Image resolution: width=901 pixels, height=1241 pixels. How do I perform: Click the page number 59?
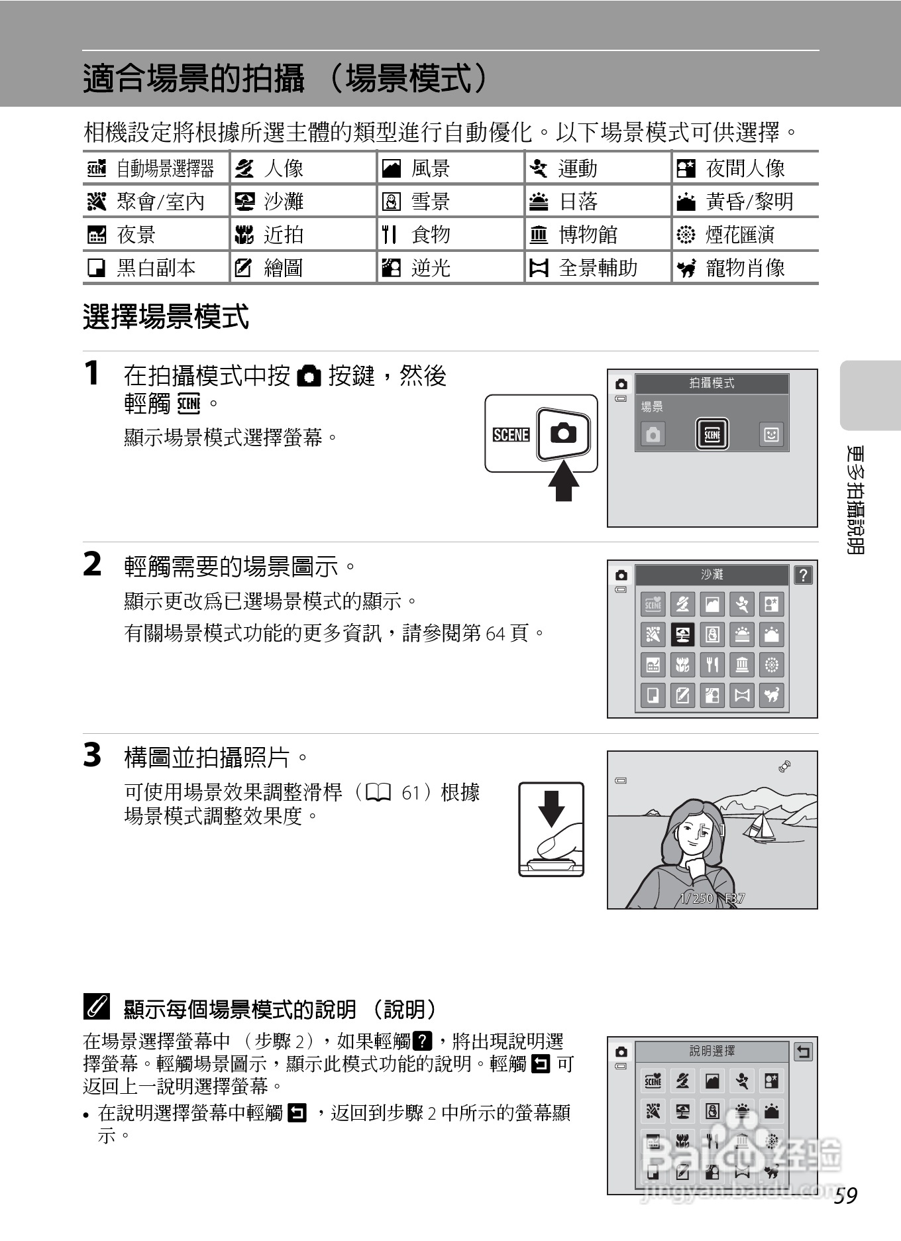coord(845,1195)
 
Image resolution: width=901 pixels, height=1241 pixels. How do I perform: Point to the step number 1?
coord(92,373)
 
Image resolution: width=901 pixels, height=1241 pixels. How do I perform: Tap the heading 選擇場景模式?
coord(166,317)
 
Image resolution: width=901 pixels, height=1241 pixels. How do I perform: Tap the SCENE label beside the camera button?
coord(511,435)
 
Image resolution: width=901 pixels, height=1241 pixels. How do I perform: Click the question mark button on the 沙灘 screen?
coord(803,575)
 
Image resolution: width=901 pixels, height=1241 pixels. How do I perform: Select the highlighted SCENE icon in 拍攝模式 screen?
coord(712,435)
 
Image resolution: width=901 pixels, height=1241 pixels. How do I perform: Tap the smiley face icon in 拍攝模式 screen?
coord(770,435)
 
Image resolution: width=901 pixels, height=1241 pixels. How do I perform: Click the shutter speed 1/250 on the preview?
coord(696,898)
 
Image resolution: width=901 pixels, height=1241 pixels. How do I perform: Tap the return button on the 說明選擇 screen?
coord(803,1051)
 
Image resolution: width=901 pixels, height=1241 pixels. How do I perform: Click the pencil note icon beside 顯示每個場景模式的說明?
coord(96,1008)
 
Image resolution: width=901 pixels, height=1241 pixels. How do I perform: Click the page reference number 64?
coord(496,634)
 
